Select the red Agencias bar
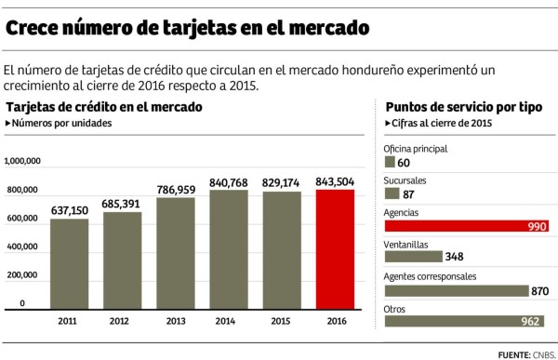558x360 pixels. [x=465, y=226]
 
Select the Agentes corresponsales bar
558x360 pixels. [x=456, y=290]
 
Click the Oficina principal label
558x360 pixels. [x=416, y=148]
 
